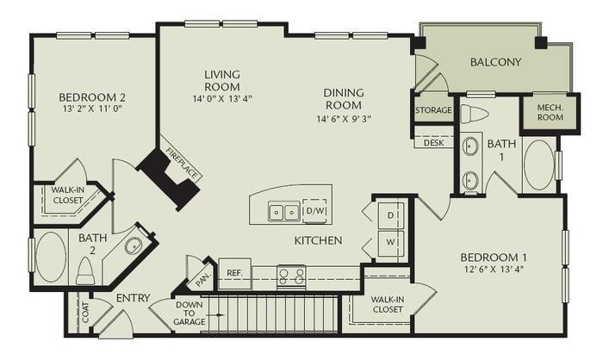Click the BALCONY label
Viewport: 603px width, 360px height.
click(496, 62)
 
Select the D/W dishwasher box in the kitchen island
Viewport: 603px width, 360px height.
click(314, 209)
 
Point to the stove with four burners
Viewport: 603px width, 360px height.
click(291, 276)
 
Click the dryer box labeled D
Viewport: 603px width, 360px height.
click(390, 213)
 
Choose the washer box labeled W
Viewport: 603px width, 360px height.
click(390, 242)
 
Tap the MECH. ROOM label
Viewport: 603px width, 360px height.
click(544, 113)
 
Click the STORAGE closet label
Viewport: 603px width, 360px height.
click(433, 111)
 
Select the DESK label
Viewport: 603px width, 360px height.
click(434, 143)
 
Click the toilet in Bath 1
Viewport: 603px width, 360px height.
click(474, 114)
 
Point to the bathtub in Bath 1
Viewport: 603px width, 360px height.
click(540, 164)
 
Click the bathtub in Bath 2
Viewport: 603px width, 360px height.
click(51, 254)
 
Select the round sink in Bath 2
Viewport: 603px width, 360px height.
click(134, 246)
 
